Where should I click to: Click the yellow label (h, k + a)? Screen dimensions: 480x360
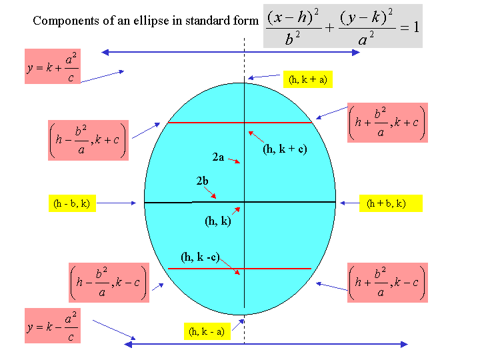tap(307, 79)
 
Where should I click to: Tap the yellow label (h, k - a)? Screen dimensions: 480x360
tap(207, 331)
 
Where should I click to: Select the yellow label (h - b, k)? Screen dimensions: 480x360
tap(72, 203)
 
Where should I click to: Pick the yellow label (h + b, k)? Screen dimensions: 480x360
tap(391, 203)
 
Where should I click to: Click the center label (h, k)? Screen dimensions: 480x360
tap(217, 221)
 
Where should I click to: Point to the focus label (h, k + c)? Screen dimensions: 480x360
tap(285, 149)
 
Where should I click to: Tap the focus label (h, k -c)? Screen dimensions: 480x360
tap(200, 257)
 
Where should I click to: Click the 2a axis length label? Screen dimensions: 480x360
tap(218, 157)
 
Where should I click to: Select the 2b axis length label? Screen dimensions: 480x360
tap(202, 181)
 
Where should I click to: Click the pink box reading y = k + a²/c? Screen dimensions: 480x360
tap(53, 66)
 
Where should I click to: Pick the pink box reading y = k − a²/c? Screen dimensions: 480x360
tap(53, 325)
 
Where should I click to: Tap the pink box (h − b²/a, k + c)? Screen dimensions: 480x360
tap(88, 140)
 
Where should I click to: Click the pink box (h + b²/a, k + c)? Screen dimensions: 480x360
tap(387, 123)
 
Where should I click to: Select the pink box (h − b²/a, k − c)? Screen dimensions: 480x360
tap(109, 283)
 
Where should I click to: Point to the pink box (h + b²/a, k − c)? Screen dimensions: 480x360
tap(387, 283)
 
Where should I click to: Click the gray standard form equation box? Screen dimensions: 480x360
tap(343, 26)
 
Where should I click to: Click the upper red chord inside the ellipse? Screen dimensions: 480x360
tap(240, 123)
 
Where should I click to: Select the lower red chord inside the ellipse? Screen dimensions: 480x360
tap(240, 269)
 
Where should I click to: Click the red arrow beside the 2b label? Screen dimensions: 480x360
tap(210, 193)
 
